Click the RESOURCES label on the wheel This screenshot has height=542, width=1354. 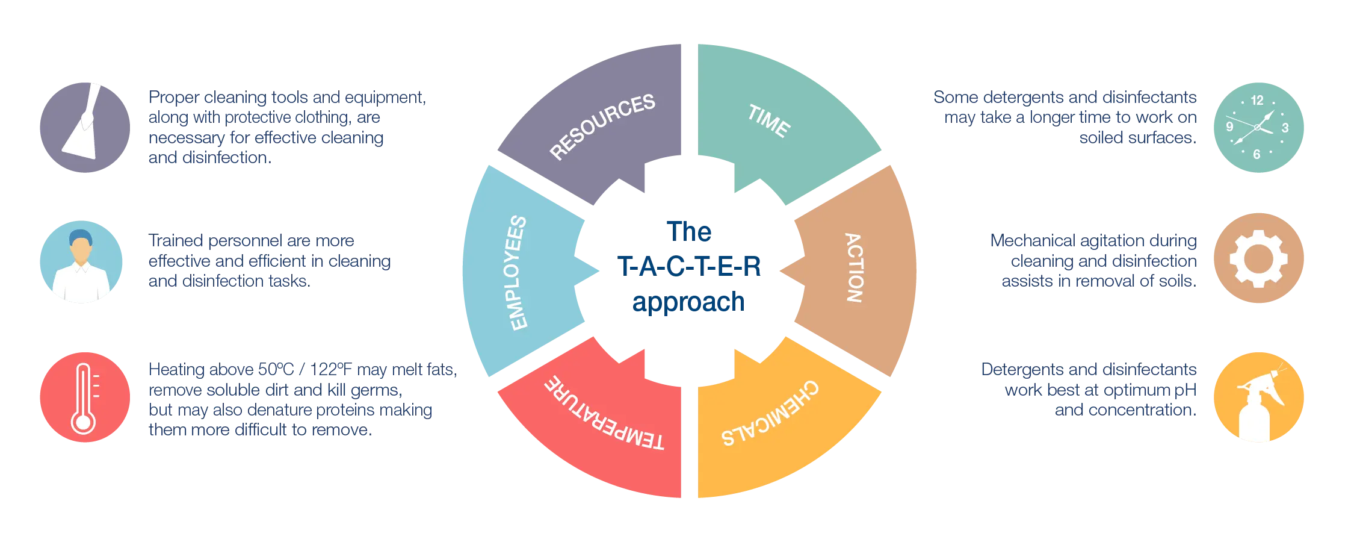coord(602,126)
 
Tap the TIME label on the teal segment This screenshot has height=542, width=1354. coord(769,121)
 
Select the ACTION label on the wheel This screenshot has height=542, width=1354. coord(854,267)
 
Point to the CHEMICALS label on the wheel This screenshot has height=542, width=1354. coord(770,414)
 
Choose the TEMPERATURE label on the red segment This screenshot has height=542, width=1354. coord(604,414)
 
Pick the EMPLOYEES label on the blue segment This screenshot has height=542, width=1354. coord(518,273)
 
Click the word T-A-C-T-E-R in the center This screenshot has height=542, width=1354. coord(689,267)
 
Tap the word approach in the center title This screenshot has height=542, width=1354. coord(688,302)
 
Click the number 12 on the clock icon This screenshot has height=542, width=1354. coord(1257,101)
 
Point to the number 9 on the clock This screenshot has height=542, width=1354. coord(1230,126)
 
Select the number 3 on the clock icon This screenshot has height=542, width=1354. coord(1285,128)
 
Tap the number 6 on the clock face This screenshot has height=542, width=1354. coord(1257,155)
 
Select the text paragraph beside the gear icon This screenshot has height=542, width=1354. coord(1093,261)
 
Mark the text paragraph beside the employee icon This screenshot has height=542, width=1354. coord(269,261)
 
